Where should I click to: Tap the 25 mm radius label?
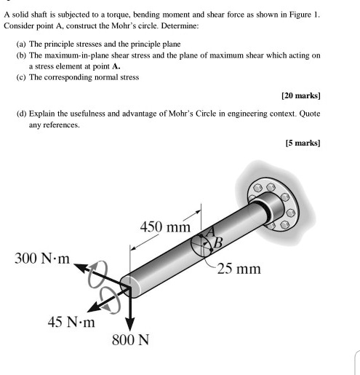pyautogui.click(x=239, y=269)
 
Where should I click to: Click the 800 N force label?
pyautogui.click(x=130, y=340)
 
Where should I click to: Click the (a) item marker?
pyautogui.click(x=22, y=44)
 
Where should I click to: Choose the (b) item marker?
pyautogui.click(x=22, y=55)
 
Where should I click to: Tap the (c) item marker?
pyautogui.click(x=22, y=76)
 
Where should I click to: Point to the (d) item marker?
pyautogui.click(x=22, y=114)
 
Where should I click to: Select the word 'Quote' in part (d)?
pyautogui.click(x=308, y=114)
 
